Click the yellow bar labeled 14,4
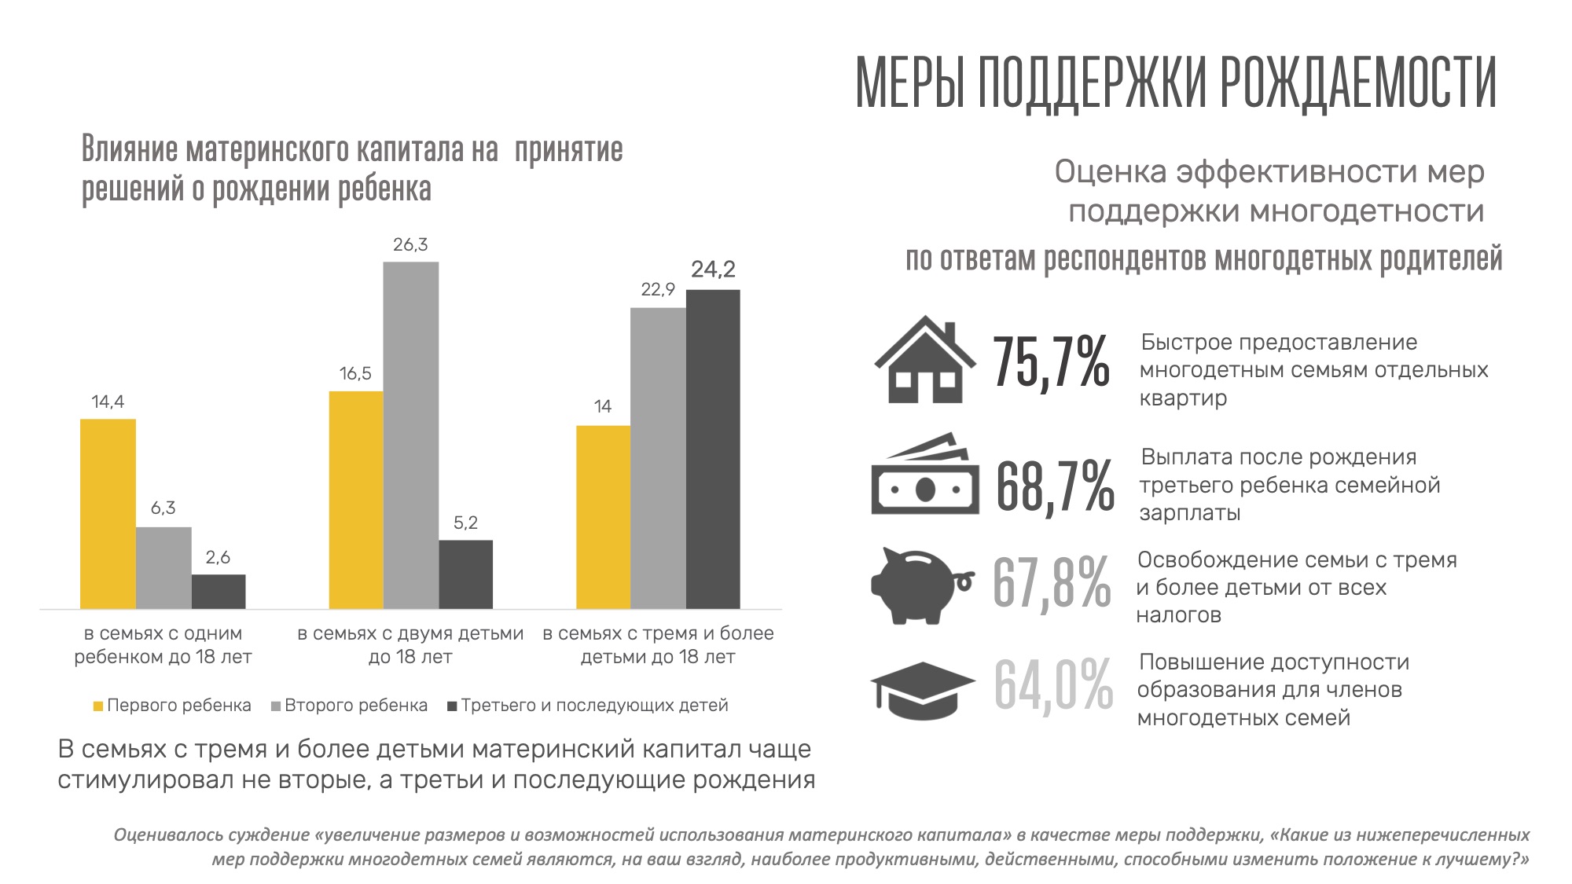(108, 514)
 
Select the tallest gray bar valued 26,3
(411, 435)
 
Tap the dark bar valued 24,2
(713, 449)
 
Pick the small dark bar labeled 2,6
(219, 592)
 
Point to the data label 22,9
(658, 290)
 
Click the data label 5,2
(465, 523)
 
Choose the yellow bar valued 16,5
(356, 500)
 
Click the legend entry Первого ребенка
(172, 706)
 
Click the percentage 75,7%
(1051, 362)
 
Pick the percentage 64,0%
(1053, 685)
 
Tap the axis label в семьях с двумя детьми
(410, 634)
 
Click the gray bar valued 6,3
(163, 567)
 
